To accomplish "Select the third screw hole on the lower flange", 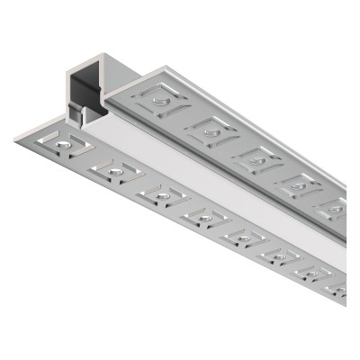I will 161,193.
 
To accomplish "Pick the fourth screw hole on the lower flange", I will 206,217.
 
